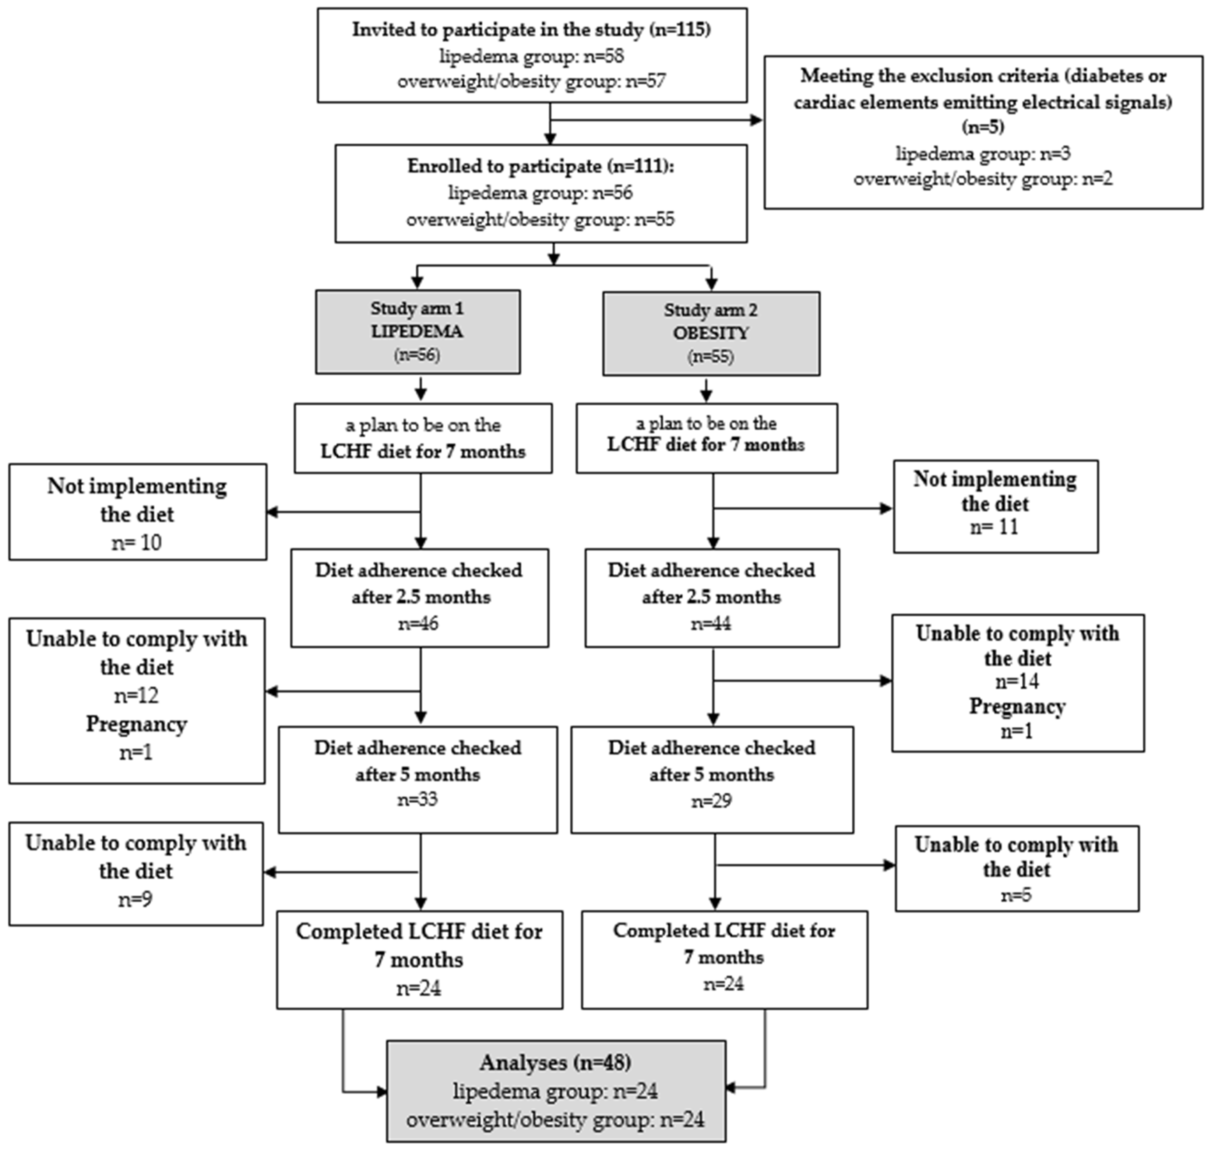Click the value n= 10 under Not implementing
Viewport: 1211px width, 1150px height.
(137, 542)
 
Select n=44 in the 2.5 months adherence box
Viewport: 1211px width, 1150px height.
(711, 623)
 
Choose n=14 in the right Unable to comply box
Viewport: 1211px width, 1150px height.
(1017, 681)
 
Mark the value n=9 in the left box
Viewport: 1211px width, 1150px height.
(136, 899)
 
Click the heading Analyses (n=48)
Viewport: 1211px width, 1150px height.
(555, 1062)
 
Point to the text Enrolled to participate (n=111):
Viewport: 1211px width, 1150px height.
(540, 166)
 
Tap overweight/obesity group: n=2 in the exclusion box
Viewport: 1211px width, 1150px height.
(983, 179)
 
